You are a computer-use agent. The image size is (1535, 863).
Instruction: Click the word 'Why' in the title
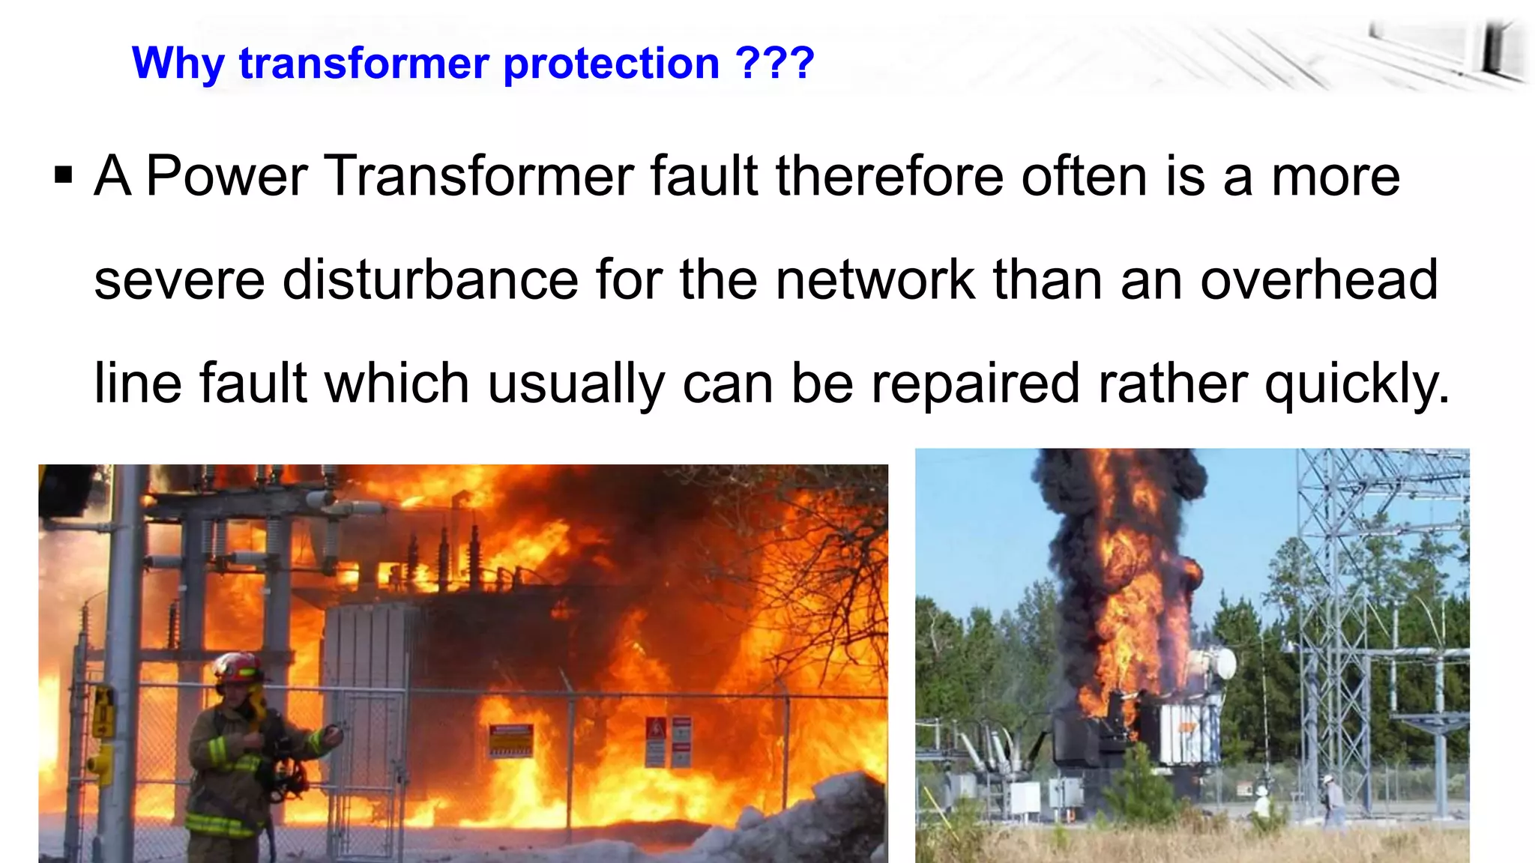pyautogui.click(x=178, y=64)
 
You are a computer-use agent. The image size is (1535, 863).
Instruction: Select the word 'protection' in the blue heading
pyautogui.click(x=611, y=64)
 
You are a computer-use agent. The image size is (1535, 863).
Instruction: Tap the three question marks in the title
pyautogui.click(x=775, y=63)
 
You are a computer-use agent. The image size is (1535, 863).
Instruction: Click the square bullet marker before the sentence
pyautogui.click(x=64, y=176)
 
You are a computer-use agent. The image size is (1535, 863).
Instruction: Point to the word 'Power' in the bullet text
pyautogui.click(x=226, y=176)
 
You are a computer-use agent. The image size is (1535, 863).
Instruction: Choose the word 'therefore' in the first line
pyautogui.click(x=889, y=176)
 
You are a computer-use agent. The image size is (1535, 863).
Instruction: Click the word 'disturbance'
pyautogui.click(x=430, y=279)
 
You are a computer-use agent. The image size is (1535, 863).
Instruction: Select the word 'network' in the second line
pyautogui.click(x=875, y=279)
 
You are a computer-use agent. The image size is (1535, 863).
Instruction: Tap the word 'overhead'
pyautogui.click(x=1319, y=279)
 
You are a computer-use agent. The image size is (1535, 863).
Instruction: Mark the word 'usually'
pyautogui.click(x=576, y=383)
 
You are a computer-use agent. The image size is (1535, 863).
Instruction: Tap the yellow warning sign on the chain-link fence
pyautogui.click(x=511, y=739)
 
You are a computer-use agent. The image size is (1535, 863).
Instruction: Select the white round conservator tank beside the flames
pyautogui.click(x=1217, y=664)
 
